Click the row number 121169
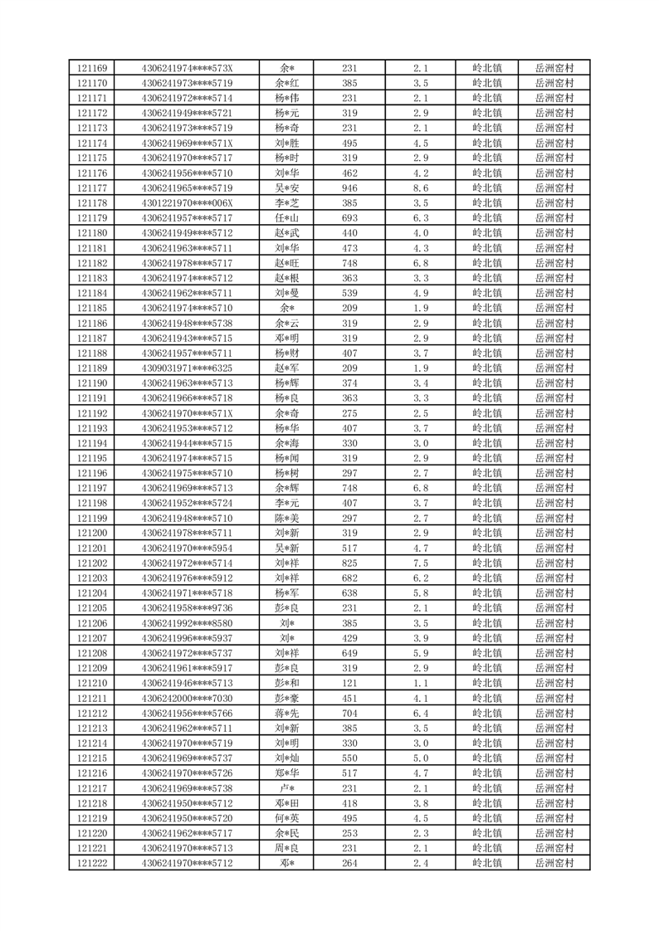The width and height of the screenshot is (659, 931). (x=91, y=68)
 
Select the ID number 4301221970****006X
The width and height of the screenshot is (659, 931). (x=188, y=203)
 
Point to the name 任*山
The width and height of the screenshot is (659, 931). (x=287, y=218)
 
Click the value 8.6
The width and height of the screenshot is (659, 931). (x=421, y=188)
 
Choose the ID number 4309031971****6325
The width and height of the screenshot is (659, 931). (x=188, y=368)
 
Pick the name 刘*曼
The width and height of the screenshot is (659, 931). (x=287, y=293)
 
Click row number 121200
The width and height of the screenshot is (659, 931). (x=91, y=534)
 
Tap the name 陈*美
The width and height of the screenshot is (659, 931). (x=287, y=519)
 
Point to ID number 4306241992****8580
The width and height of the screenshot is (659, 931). (x=188, y=623)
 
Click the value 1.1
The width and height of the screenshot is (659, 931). (x=421, y=684)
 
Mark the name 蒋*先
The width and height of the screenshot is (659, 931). (x=287, y=714)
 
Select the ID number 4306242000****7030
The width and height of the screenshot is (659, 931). (x=188, y=699)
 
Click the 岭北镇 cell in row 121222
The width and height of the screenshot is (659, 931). (x=486, y=864)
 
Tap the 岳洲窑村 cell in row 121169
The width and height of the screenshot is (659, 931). (x=554, y=68)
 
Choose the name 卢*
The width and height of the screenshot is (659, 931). (x=287, y=788)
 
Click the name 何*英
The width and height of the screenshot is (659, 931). (x=287, y=818)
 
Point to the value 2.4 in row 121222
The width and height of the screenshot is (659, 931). (x=421, y=864)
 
